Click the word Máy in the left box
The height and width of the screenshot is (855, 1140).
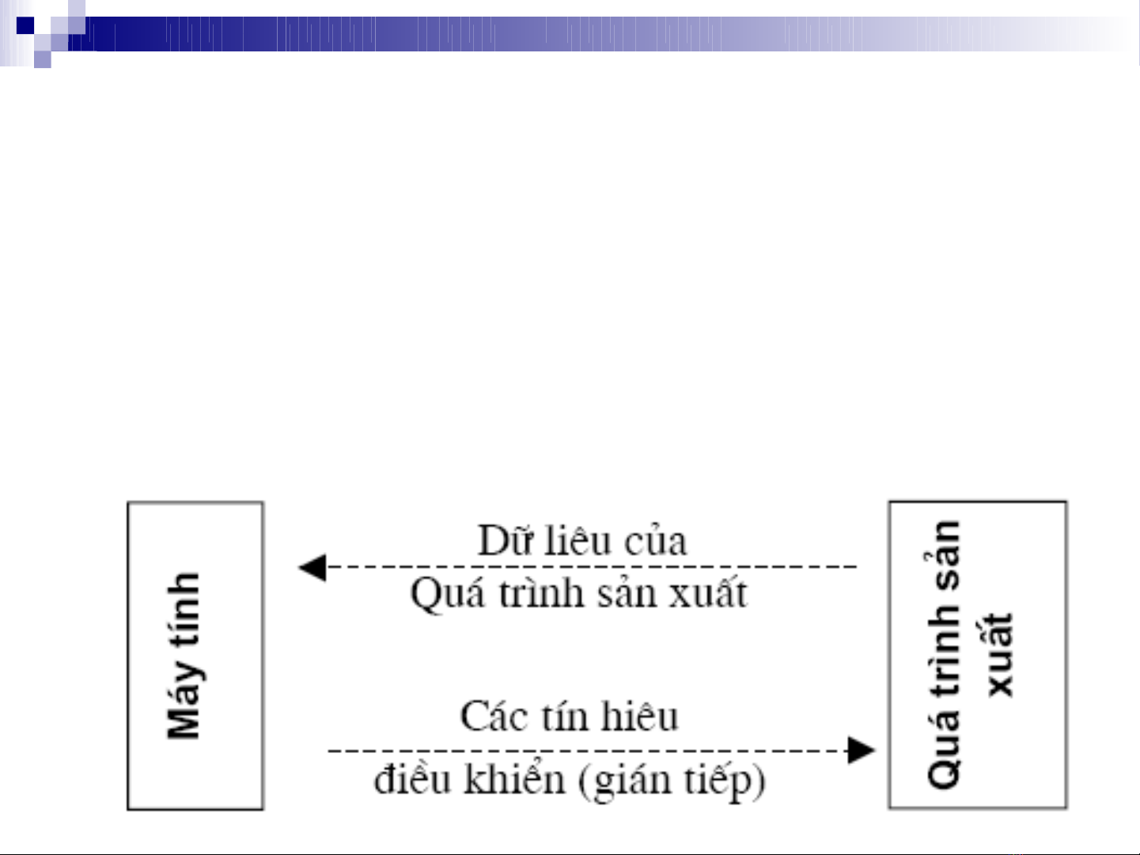click(184, 700)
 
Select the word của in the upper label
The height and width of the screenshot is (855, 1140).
click(656, 543)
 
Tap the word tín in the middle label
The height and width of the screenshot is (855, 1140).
click(565, 717)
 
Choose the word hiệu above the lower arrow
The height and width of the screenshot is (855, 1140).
click(639, 717)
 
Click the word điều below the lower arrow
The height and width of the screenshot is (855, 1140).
click(412, 780)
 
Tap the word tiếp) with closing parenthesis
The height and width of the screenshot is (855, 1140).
click(724, 781)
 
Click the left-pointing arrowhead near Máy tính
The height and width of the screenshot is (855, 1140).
click(312, 567)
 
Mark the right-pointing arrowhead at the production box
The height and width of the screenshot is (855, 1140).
click(860, 750)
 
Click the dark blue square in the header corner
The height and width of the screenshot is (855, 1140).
click(25, 25)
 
